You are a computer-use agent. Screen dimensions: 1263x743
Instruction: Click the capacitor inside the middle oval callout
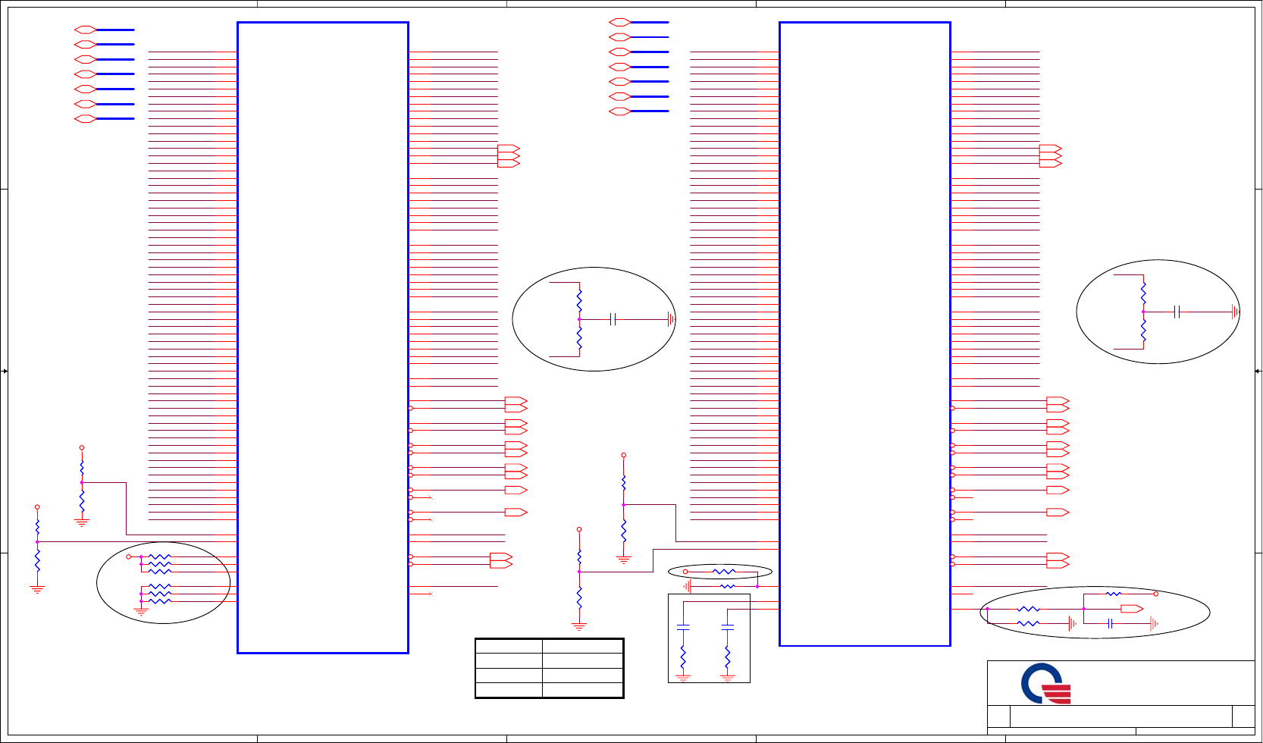613,319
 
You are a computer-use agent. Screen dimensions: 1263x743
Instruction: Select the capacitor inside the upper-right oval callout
1177,312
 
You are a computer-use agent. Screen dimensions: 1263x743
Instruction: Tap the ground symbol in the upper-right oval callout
1235,312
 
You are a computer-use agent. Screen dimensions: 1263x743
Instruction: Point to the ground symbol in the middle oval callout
670,319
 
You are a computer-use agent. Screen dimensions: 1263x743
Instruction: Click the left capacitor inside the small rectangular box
683,628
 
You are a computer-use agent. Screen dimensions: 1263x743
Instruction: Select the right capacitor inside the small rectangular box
728,628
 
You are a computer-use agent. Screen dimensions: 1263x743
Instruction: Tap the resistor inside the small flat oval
723,572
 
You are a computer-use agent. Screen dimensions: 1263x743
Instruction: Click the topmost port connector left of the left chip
85,30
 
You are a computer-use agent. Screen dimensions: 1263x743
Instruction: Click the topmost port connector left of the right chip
619,23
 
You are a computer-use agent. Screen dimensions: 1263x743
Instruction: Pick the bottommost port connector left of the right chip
619,111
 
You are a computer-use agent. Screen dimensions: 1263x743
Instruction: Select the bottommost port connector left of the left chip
85,119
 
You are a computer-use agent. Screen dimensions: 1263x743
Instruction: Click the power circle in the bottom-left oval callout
129,556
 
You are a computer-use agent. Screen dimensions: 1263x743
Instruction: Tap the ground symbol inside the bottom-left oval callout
141,610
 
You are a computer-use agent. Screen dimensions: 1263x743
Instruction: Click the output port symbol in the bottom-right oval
1131,609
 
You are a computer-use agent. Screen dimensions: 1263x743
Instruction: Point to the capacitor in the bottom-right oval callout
1110,623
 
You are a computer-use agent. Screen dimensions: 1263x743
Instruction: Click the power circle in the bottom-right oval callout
1155,594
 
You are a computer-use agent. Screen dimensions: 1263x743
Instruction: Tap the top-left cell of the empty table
509,646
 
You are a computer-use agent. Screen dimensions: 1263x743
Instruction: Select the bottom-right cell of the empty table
582,690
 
